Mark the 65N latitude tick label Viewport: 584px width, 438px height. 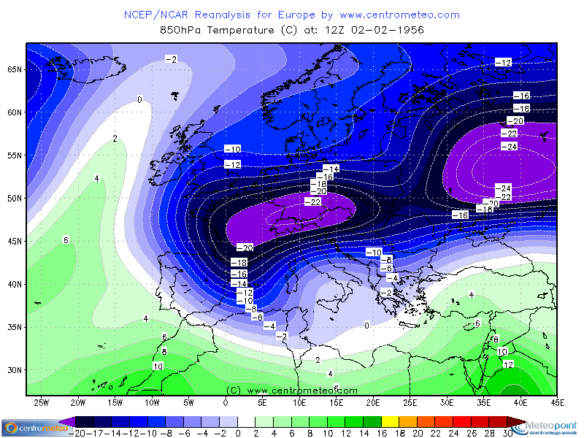15,69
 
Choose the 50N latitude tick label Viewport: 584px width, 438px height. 15,199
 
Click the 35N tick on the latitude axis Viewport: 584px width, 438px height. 15,327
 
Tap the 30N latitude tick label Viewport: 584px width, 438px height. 15,370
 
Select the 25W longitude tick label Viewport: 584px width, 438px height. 42,402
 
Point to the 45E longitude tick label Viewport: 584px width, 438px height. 558,402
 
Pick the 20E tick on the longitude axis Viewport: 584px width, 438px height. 373,402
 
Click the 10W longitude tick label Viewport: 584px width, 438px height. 152,402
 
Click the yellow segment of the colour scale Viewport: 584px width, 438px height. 390,422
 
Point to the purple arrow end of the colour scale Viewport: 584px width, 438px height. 68,422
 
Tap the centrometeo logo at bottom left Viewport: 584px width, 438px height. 29,427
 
